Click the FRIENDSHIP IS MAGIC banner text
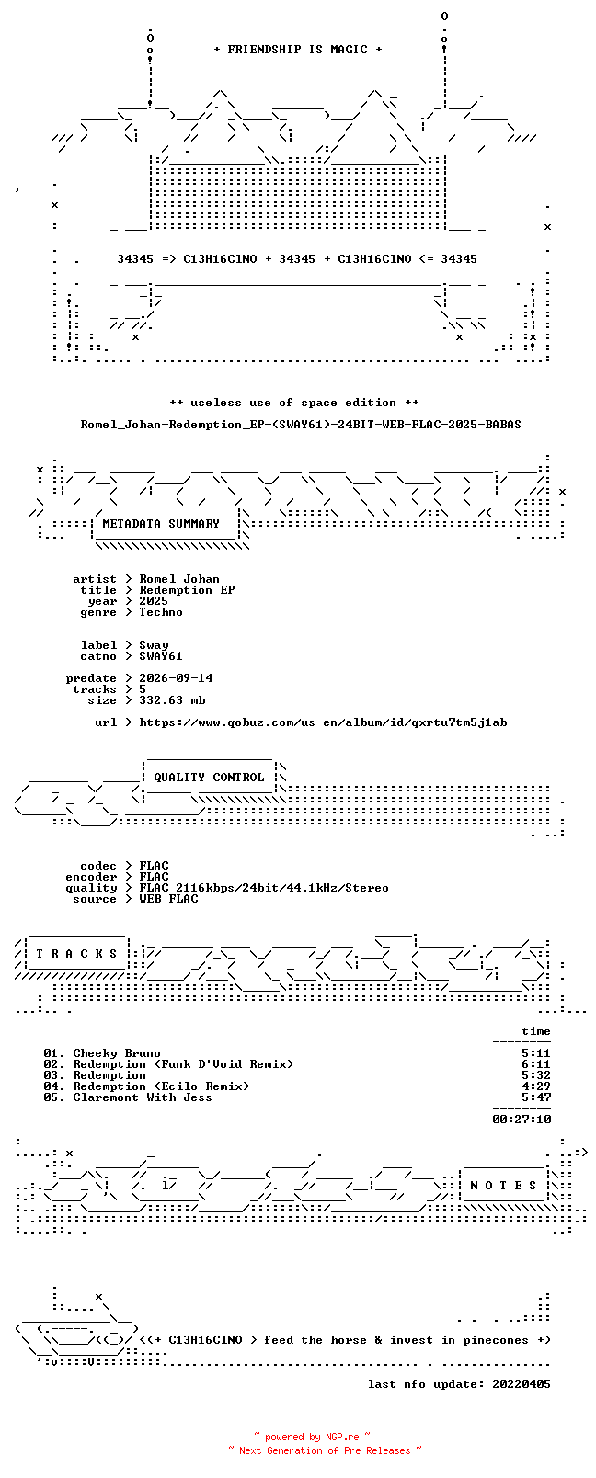[298, 50]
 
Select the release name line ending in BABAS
[301, 425]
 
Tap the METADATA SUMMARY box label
[161, 523]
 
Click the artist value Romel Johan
[178, 579]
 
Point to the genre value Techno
[160, 611]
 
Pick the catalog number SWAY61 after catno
[160, 656]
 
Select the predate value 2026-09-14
[176, 677]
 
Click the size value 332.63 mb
[172, 700]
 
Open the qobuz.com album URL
[323, 722]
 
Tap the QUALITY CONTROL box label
[209, 778]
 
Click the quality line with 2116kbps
[263, 888]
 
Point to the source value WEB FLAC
[168, 899]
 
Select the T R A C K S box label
[76, 953]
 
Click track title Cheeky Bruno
[117, 1053]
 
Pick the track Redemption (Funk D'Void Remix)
[183, 1064]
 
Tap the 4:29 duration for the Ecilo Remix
[536, 1086]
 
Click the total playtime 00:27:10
[521, 1119]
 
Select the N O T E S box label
[504, 1186]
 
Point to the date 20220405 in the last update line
[521, 1384]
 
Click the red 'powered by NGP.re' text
[312, 1437]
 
